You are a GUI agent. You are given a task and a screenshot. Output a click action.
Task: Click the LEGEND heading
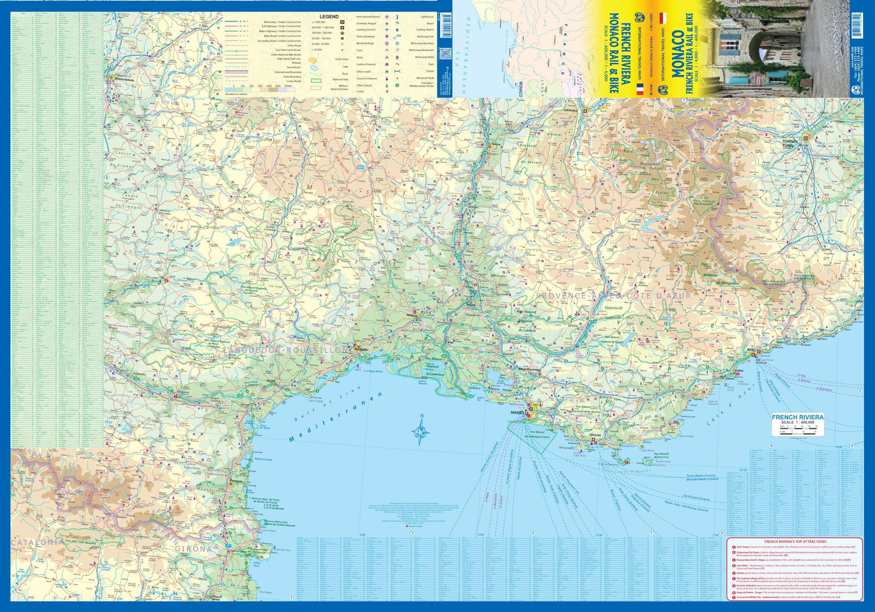tap(329, 16)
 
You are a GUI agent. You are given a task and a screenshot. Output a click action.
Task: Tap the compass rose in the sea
tap(419, 430)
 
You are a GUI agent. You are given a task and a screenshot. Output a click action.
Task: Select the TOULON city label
tap(595, 435)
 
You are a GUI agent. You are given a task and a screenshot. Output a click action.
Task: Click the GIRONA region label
tap(193, 549)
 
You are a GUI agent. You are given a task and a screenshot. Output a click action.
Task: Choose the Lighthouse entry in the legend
tap(427, 17)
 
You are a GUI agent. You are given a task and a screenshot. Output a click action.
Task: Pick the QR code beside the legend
tap(446, 55)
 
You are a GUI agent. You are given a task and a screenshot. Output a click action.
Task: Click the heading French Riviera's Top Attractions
tap(795, 541)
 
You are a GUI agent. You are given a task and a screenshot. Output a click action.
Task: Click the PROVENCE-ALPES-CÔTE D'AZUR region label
tap(613, 295)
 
